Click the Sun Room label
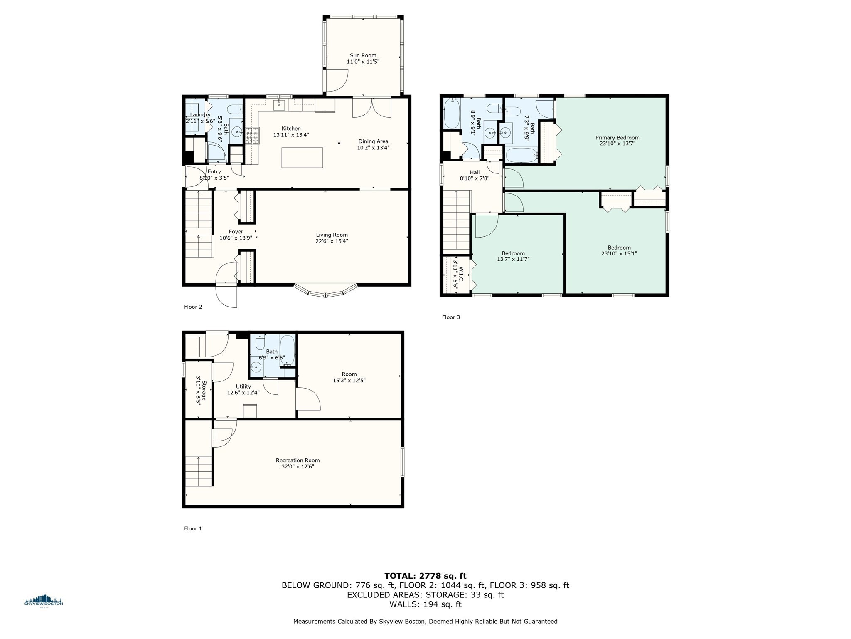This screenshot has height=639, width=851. tap(363, 55)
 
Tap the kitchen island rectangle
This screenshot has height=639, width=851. tap(302, 158)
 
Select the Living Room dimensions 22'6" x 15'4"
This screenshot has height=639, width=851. tap(332, 241)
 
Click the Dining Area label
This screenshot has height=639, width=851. tap(373, 141)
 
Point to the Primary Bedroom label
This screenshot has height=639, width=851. tap(617, 138)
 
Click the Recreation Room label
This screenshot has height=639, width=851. tap(298, 461)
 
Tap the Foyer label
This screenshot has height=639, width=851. tap(236, 232)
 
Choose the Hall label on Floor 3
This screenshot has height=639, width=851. tap(475, 172)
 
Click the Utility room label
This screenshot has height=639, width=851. tap(243, 386)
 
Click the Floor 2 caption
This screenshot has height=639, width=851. tap(193, 307)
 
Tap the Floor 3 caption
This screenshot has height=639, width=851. tap(451, 317)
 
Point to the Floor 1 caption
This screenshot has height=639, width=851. tap(193, 528)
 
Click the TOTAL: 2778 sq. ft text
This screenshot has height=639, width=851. tap(425, 576)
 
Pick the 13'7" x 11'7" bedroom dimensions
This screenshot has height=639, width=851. tap(513, 259)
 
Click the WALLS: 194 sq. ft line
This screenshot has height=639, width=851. tap(425, 604)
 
